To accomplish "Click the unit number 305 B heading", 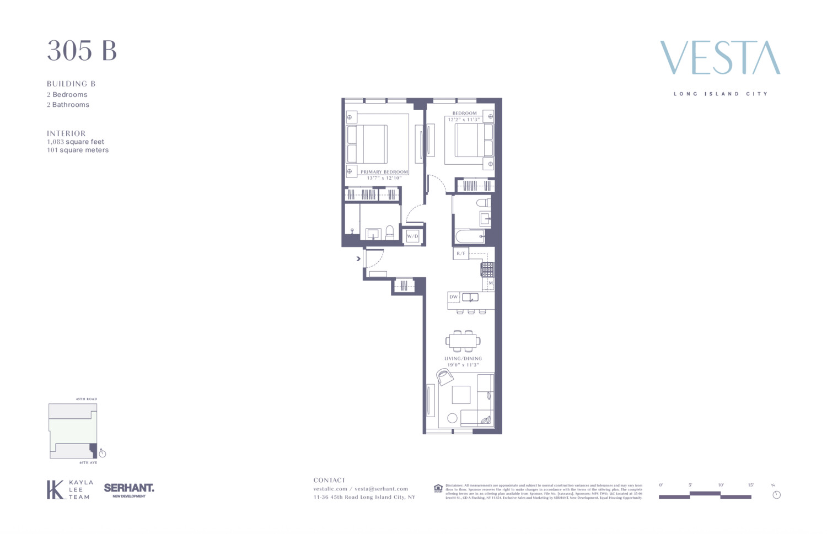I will pyautogui.click(x=82, y=51).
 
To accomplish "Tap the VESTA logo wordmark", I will pyautogui.click(x=720, y=58).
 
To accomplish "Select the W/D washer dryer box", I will pyautogui.click(x=412, y=236).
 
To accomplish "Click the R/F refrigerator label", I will pyautogui.click(x=461, y=253).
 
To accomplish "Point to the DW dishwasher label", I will pyautogui.click(x=454, y=297).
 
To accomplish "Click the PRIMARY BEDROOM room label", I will pyautogui.click(x=384, y=172).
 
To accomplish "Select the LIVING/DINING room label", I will pyautogui.click(x=463, y=359).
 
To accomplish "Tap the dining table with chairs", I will pyautogui.click(x=463, y=341).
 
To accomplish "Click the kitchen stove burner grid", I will pyautogui.click(x=487, y=269).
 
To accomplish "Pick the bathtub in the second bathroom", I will pyautogui.click(x=470, y=237).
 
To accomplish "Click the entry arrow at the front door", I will pyautogui.click(x=358, y=258).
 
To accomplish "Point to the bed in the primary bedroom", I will pyautogui.click(x=367, y=144).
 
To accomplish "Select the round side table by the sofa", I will pyautogui.click(x=452, y=418).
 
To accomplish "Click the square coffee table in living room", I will pyautogui.click(x=461, y=395).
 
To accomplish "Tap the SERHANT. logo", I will pyautogui.click(x=129, y=489).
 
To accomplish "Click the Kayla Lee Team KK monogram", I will pyautogui.click(x=55, y=489).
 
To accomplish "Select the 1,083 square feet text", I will pyautogui.click(x=76, y=142).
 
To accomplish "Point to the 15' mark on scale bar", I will pyautogui.click(x=750, y=485).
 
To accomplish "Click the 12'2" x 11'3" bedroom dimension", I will pyautogui.click(x=464, y=120).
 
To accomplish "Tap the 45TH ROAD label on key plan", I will pyautogui.click(x=87, y=399).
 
